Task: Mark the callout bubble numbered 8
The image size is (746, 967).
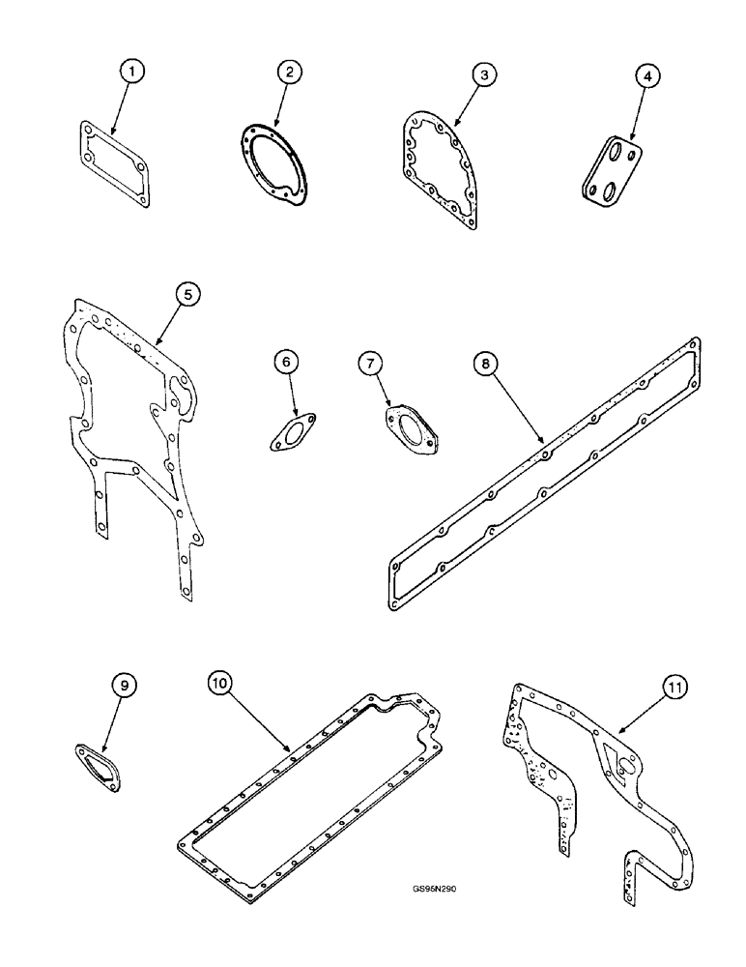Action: point(484,363)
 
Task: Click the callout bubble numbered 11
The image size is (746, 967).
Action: point(674,689)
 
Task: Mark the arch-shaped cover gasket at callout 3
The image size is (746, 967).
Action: point(441,169)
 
